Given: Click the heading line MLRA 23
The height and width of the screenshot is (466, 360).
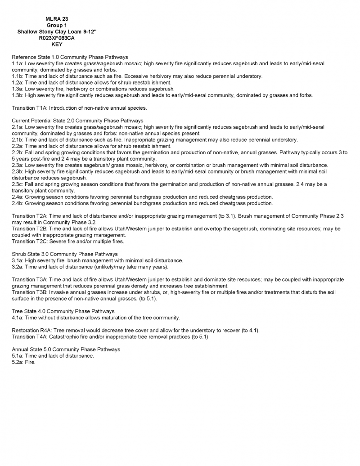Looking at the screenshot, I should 57,19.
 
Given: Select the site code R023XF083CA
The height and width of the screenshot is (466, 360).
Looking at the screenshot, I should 57,38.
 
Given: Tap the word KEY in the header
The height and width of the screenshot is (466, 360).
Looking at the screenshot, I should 57,45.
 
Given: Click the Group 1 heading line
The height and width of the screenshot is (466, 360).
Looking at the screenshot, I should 57,26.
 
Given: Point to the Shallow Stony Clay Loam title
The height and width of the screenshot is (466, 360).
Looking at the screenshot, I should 57,32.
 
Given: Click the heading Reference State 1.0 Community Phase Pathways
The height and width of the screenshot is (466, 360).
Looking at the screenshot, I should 70,58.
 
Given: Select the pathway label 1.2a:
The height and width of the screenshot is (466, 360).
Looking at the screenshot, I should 18,83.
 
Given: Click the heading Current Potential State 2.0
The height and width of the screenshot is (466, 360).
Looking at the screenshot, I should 77,121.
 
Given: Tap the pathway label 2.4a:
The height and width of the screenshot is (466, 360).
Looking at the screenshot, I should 18,197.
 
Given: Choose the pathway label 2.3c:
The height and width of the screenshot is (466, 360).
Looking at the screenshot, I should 18,184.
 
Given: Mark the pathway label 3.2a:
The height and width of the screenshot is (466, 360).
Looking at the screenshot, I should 18,267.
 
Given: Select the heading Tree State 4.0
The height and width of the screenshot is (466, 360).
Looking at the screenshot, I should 63,311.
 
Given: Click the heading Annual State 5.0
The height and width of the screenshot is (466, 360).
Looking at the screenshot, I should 66,349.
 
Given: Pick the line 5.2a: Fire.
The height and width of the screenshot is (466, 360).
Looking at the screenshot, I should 23,362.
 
